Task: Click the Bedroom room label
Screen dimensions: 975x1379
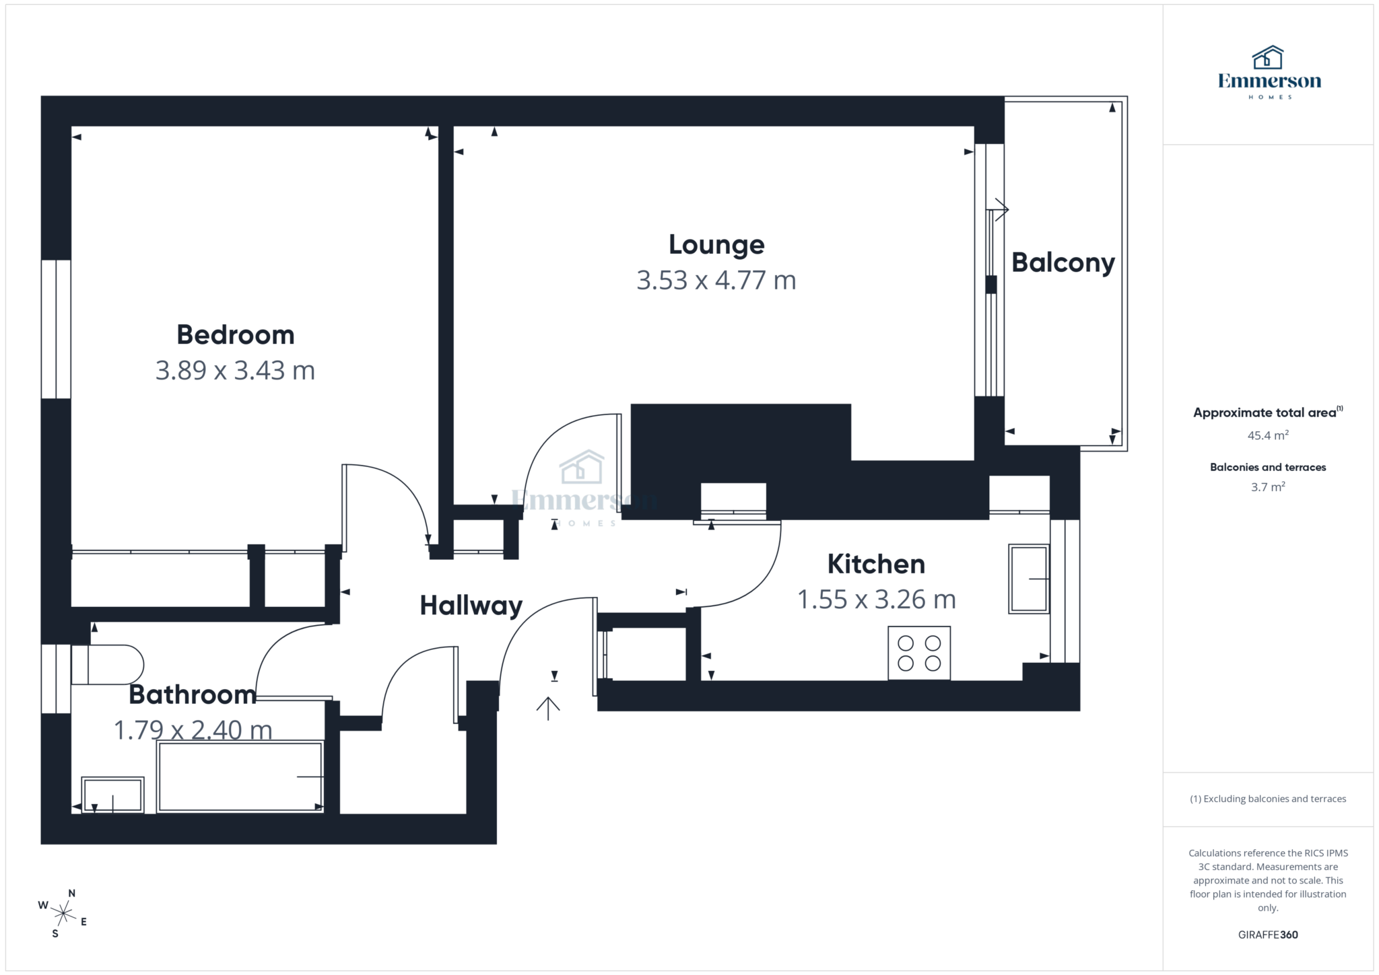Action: (x=235, y=335)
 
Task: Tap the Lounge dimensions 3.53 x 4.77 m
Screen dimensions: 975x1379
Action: (x=716, y=280)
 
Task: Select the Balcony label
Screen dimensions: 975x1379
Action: (x=1063, y=262)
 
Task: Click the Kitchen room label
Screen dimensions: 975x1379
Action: (x=875, y=564)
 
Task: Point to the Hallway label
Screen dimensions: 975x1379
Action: (x=471, y=606)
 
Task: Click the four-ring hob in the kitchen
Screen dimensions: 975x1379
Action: (x=918, y=653)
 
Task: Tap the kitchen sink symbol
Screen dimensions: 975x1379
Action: (x=1028, y=579)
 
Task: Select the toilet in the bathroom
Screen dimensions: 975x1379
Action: (x=108, y=665)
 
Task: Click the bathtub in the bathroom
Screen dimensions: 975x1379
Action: (x=240, y=777)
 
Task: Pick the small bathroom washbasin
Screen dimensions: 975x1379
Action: (x=112, y=795)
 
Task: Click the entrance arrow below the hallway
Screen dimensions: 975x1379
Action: (x=548, y=708)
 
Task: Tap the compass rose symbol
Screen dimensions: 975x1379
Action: (x=63, y=914)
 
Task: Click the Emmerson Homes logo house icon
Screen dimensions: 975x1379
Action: (x=1267, y=58)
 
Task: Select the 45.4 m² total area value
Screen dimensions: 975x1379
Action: (x=1267, y=435)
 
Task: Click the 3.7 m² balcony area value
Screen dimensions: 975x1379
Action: (x=1267, y=487)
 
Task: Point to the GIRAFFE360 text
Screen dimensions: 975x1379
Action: (x=1267, y=935)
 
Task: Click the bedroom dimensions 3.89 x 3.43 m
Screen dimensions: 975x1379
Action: (x=235, y=371)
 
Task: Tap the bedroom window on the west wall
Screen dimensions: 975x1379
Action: (x=56, y=330)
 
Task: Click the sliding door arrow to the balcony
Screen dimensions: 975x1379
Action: (x=1001, y=209)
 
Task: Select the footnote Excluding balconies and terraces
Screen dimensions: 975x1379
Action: (x=1267, y=799)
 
